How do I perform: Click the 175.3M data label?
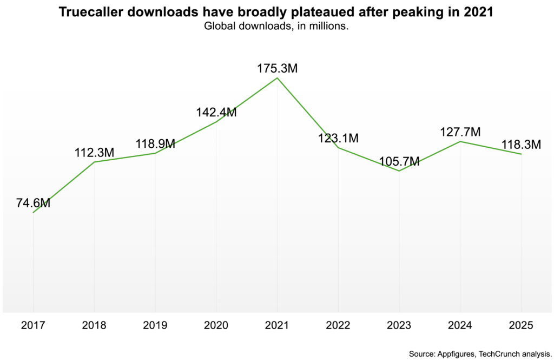[x=277, y=69]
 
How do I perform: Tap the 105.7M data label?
[x=399, y=161]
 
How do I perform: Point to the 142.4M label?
[x=216, y=113]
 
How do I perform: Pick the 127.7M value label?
[x=460, y=133]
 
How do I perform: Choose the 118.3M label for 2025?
[x=520, y=145]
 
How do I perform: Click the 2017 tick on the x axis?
[x=33, y=325]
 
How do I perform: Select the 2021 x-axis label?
[x=277, y=325]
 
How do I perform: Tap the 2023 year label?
[x=399, y=325]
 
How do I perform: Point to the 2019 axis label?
[x=155, y=325]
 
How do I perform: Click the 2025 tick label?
[x=521, y=325]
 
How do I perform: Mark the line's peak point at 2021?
[x=277, y=78]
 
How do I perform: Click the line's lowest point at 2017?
[x=34, y=212]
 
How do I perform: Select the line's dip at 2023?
[x=399, y=171]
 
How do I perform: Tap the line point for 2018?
[x=95, y=162]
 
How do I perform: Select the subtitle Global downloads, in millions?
[x=276, y=26]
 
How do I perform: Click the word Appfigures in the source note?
[x=459, y=354]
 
